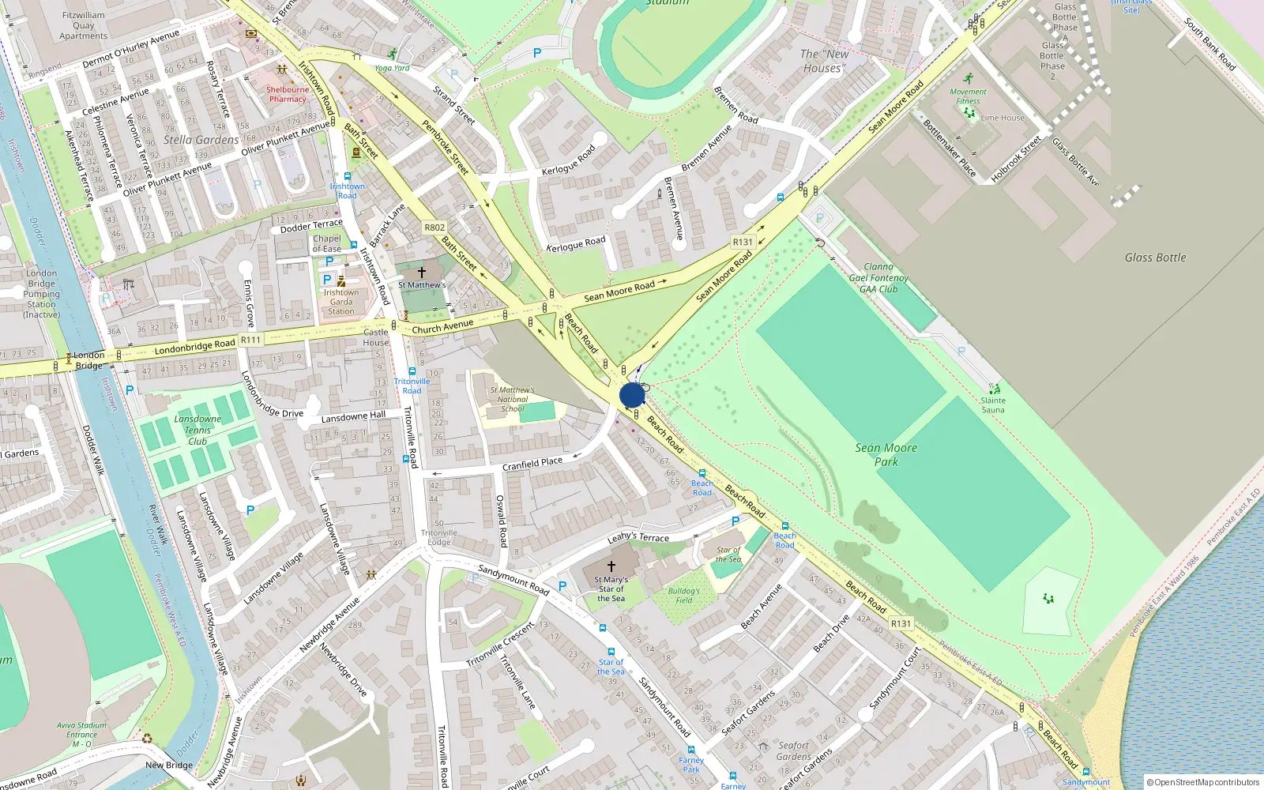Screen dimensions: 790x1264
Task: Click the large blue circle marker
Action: pos(632,395)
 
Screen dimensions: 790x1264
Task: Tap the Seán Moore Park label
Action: pos(886,454)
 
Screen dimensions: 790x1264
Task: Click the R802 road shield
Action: pos(434,228)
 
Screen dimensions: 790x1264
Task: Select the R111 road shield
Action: pos(250,340)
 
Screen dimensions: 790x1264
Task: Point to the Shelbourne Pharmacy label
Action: pos(287,94)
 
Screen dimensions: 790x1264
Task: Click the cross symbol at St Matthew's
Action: pos(422,273)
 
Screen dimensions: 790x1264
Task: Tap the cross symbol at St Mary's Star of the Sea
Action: pos(611,566)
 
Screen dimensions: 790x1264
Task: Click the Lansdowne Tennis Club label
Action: pos(197,431)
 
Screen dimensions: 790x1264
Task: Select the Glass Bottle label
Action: pos(1155,258)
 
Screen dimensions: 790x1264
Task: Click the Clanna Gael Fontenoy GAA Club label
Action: pos(878,278)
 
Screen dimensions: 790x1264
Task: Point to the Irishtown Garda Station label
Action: pos(341,302)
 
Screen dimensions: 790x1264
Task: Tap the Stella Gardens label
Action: pos(201,140)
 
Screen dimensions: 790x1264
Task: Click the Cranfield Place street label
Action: pos(532,464)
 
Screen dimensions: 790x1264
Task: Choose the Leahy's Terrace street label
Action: pos(638,537)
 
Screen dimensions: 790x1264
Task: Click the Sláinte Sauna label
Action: pos(993,405)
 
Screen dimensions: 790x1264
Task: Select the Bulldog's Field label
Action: pos(684,595)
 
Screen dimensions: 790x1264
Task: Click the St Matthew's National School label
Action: pos(512,399)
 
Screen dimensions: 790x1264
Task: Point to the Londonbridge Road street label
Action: pos(194,346)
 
